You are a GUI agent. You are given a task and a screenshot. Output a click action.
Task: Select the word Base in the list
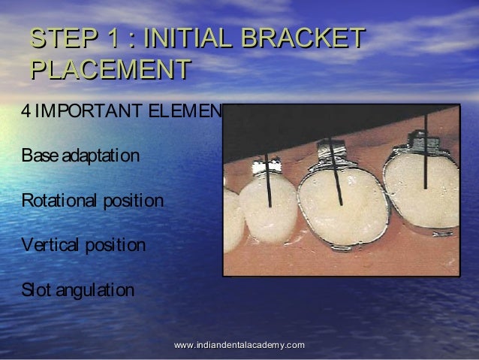click(x=35, y=157)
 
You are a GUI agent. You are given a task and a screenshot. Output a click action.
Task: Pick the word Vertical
click(x=47, y=246)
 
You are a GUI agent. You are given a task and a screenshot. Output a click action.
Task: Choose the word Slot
click(x=34, y=290)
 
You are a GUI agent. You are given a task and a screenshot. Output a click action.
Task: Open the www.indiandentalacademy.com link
click(x=239, y=344)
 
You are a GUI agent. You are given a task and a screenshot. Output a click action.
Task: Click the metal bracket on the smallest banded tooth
click(x=267, y=164)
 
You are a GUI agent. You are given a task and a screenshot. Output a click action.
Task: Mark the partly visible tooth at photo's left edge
click(x=233, y=218)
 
